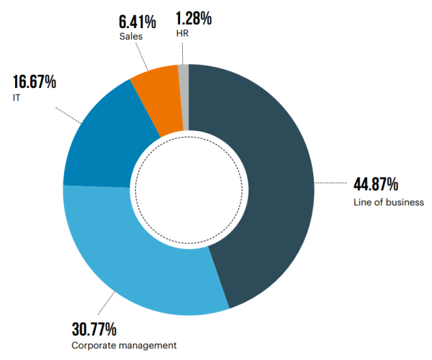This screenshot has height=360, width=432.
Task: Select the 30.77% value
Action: (x=94, y=330)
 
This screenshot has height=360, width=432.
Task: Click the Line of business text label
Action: (x=388, y=202)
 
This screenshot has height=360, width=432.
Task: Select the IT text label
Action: (x=17, y=97)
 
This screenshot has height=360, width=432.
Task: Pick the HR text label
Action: (x=180, y=34)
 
